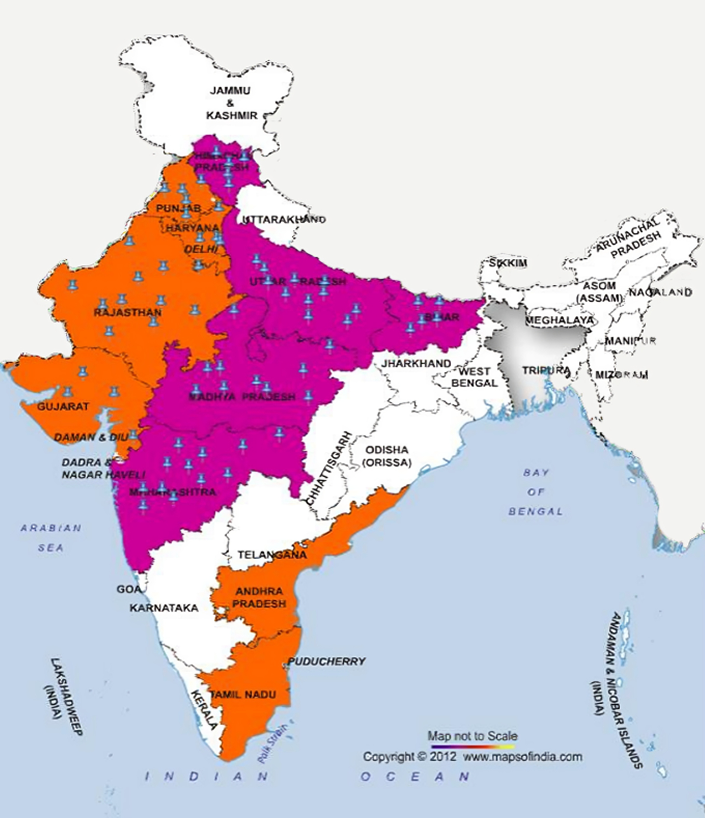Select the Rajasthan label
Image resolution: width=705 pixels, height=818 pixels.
click(128, 313)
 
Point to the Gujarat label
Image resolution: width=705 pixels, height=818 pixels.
click(63, 406)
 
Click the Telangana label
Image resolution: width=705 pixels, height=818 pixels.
click(272, 555)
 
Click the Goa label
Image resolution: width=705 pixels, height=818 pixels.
click(129, 589)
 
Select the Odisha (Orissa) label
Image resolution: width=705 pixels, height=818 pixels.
click(387, 456)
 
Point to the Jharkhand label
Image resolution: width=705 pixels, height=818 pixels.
click(416, 364)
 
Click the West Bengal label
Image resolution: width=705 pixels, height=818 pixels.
click(474, 377)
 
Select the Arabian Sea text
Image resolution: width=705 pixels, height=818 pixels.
click(51, 538)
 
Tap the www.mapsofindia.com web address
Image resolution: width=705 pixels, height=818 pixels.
click(522, 757)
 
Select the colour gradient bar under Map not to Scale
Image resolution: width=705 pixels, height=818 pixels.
click(473, 746)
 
